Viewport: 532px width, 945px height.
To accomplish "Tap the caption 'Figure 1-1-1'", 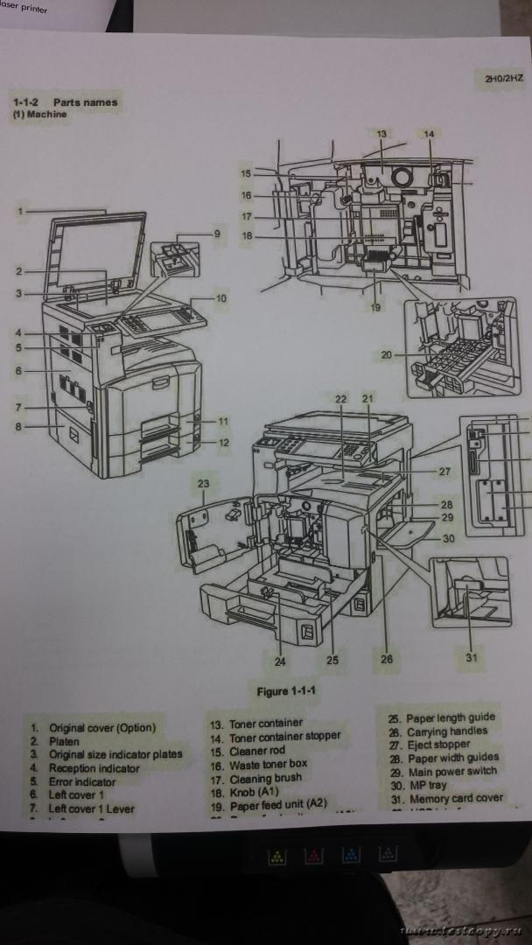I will coord(285,691).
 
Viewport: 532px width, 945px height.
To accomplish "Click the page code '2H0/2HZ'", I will coord(503,79).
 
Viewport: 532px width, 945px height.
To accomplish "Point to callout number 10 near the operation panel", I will coord(221,298).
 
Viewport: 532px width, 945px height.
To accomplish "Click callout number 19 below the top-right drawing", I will coord(374,307).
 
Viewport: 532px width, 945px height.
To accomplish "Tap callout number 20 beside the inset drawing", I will coord(386,354).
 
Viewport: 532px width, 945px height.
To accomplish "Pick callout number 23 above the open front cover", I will coord(203,482).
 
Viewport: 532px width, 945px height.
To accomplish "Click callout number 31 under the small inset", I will coord(471,658).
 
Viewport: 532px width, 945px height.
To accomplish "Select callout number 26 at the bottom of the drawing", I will coord(387,660).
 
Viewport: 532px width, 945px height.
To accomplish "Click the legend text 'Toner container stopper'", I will coord(284,737).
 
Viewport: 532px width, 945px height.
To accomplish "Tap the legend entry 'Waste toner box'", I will coord(268,764).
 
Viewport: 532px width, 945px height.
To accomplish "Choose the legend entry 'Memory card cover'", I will coord(455,798).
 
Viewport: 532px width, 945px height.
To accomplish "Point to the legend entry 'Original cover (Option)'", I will coord(101,727).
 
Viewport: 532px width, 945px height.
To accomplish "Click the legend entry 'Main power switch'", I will coord(451,771).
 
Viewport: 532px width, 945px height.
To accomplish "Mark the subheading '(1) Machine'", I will coord(39,114).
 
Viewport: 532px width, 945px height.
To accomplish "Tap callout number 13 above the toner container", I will coord(381,133).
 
